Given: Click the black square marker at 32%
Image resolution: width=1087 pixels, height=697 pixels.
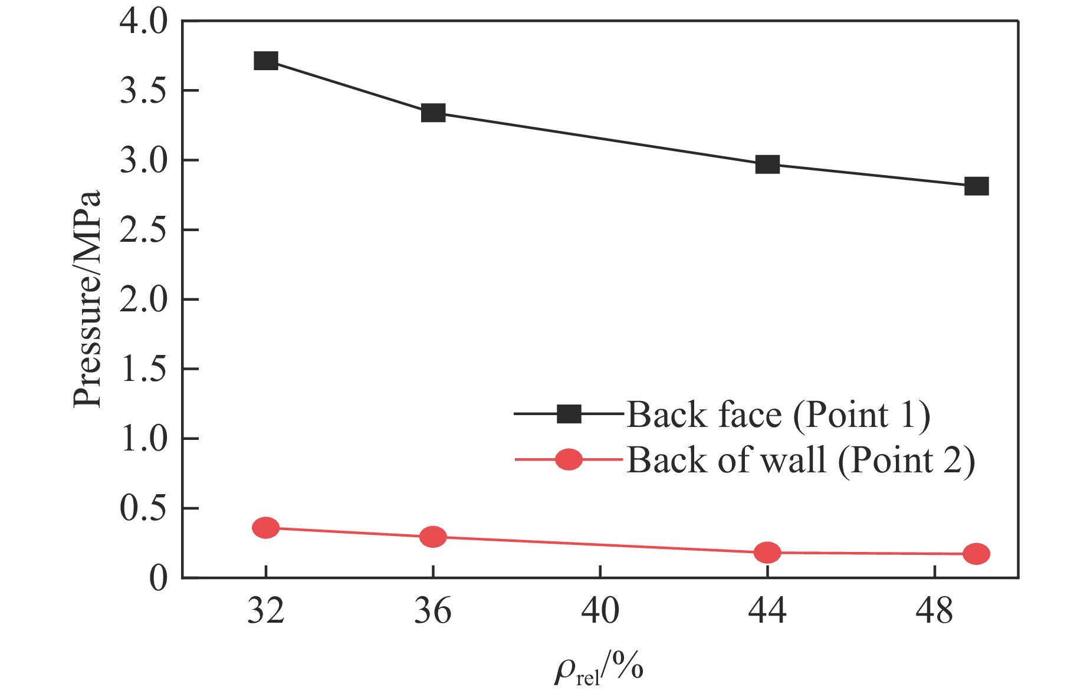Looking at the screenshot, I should coord(266,61).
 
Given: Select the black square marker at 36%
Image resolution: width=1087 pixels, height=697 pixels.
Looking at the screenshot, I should coord(433,113).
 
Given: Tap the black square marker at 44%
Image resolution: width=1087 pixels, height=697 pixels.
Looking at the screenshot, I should coord(767,164).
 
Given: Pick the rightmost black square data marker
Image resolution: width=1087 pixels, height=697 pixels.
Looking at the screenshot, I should coord(976,186).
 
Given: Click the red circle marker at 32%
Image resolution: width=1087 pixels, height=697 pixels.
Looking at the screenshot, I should coord(266,528).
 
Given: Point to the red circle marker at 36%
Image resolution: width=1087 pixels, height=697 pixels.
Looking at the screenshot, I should coord(433,537).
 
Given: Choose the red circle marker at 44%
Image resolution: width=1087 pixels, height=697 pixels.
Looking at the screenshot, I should coord(767,553).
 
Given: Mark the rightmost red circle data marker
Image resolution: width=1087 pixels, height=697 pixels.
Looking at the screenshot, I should coord(976,554).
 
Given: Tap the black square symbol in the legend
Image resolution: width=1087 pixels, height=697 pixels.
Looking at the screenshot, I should coord(569,414).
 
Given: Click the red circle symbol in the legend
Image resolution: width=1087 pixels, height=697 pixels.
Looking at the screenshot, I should coord(569,459).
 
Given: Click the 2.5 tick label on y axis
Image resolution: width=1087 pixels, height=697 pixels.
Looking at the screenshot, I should coord(143,230).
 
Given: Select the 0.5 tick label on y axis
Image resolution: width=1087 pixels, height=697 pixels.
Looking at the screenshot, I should coord(143,508).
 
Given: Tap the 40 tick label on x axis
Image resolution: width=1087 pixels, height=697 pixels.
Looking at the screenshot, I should coord(600,611).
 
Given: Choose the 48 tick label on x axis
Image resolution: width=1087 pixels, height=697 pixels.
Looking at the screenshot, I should coord(934,611).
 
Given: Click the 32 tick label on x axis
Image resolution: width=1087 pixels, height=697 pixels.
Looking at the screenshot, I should coord(266,611).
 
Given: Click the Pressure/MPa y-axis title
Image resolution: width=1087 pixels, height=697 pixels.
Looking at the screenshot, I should coord(87,299).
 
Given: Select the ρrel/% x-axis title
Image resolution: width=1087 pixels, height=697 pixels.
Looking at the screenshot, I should coord(599,670).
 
